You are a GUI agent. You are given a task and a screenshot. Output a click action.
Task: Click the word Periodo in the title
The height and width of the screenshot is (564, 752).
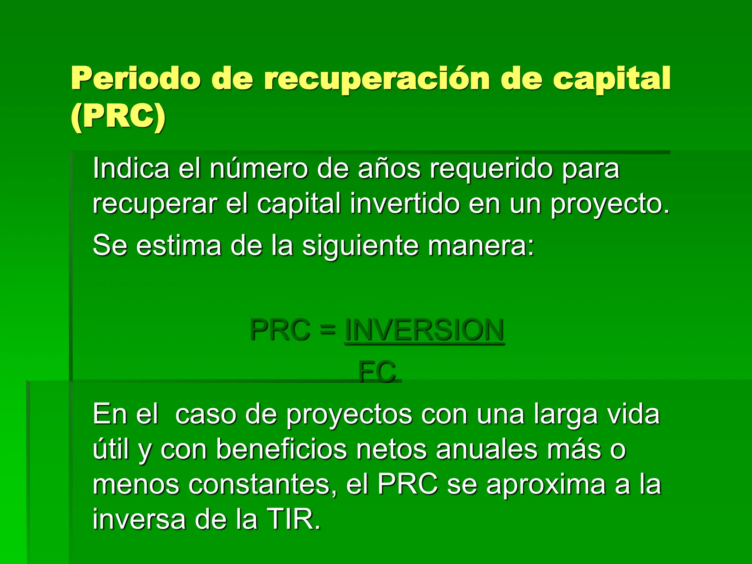click(135, 79)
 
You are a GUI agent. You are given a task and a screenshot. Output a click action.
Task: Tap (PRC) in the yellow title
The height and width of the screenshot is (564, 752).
click(118, 117)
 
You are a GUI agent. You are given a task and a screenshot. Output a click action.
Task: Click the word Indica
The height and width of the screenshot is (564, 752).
click(131, 169)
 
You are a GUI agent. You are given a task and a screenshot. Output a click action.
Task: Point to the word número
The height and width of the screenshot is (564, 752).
click(259, 169)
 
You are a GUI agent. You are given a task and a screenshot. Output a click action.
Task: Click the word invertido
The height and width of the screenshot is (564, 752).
click(404, 203)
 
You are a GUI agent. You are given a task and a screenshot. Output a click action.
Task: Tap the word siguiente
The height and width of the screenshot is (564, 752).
click(360, 246)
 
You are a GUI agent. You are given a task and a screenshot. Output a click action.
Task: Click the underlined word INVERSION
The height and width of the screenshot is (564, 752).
click(424, 330)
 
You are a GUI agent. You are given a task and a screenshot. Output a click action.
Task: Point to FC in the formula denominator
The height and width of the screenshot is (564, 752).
click(377, 372)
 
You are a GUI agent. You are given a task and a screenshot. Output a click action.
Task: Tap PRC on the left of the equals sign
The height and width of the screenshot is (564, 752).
click(280, 330)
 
